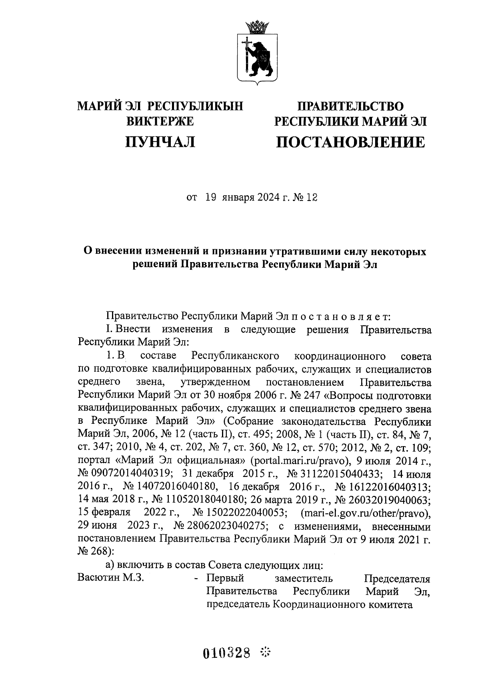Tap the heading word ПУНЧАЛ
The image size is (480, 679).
click(160, 142)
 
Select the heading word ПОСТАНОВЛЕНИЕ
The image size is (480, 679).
click(350, 142)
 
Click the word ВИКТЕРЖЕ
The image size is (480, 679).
click(160, 121)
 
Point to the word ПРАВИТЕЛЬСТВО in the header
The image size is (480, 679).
click(350, 106)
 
